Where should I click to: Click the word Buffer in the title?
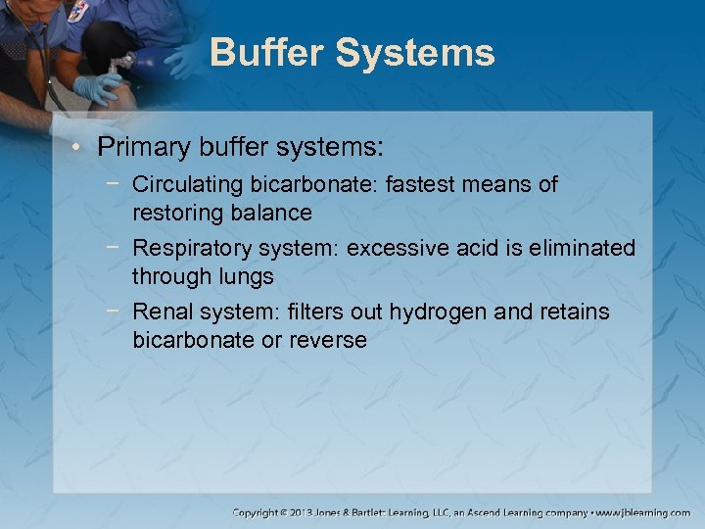coord(265,52)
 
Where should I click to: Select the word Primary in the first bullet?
coord(137,147)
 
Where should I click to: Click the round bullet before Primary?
coord(79,148)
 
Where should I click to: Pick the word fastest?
coord(426,184)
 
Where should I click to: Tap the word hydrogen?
coord(432,313)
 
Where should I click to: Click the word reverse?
coord(328,341)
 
